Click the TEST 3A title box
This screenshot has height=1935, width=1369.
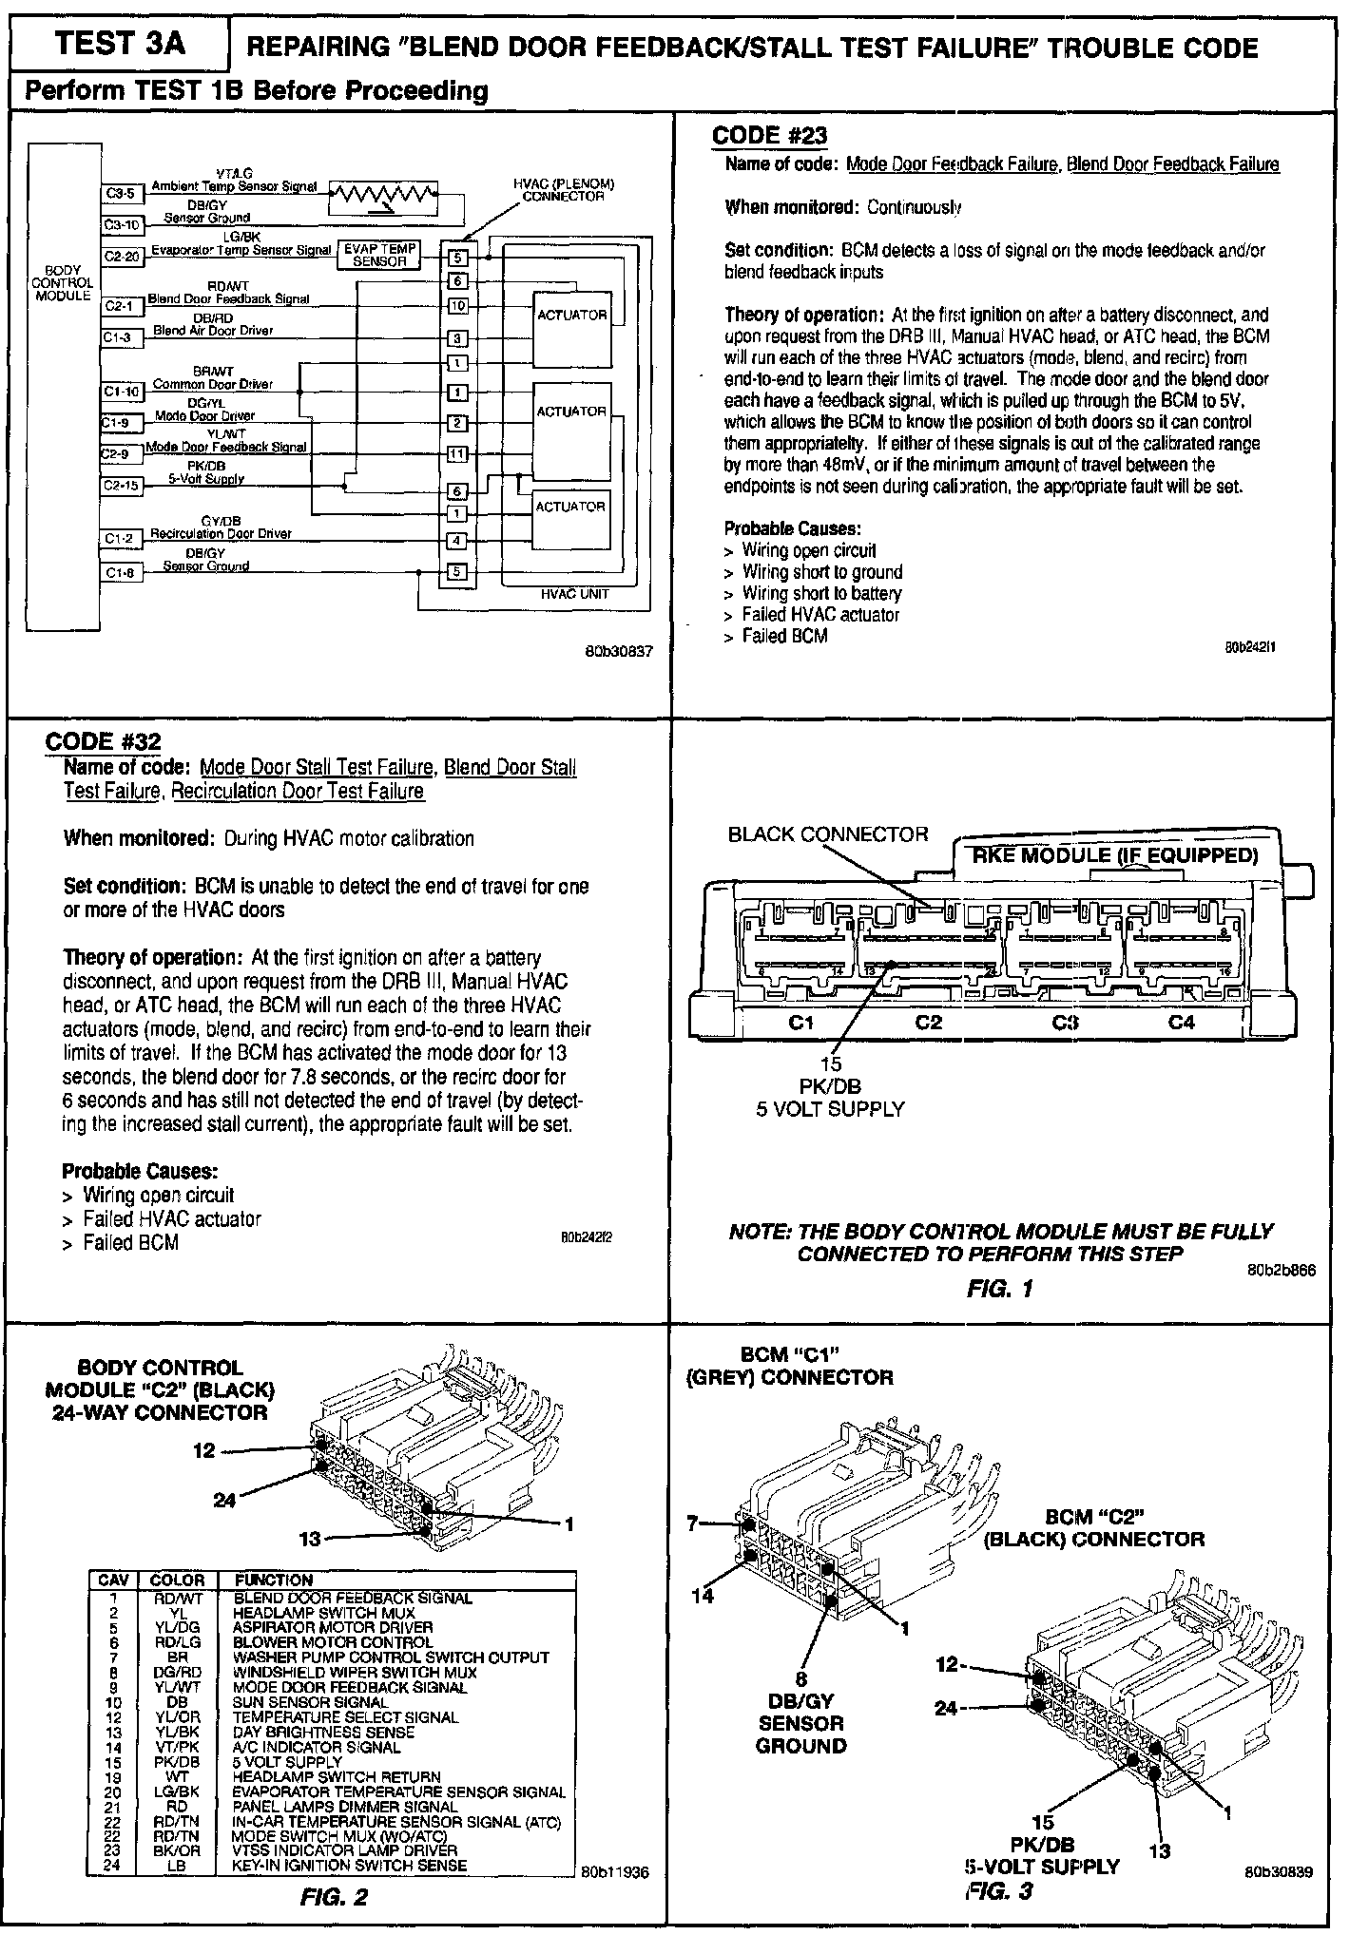[120, 44]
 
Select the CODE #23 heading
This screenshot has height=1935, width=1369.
[769, 135]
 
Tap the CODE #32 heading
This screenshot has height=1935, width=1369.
[104, 740]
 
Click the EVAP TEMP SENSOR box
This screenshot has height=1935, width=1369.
[379, 255]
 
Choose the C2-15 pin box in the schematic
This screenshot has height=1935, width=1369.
[122, 486]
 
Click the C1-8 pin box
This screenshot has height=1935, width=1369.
[122, 572]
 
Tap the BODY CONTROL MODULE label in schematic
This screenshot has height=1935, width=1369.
[64, 282]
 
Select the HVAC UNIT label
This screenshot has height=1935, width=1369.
[574, 594]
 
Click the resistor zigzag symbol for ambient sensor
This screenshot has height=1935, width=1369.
[383, 197]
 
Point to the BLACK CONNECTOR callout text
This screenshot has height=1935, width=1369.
[827, 834]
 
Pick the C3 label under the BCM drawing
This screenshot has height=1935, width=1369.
[1065, 1023]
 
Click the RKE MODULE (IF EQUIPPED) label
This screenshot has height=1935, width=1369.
[1113, 855]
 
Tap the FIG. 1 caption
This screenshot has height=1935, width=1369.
[999, 1289]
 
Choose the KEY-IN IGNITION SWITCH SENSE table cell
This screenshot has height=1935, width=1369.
[350, 1866]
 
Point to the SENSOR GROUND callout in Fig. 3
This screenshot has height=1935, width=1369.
[800, 1734]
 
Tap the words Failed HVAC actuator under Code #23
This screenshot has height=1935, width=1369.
[820, 615]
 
